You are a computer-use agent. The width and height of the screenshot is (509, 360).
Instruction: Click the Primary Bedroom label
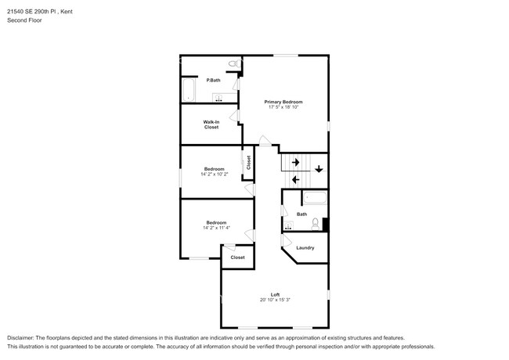283,102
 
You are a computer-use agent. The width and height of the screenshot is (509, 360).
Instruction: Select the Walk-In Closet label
211,124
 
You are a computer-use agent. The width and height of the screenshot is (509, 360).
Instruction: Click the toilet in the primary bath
232,63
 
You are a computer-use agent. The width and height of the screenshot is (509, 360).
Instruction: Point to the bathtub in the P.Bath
189,89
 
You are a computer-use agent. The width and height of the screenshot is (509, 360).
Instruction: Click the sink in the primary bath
219,98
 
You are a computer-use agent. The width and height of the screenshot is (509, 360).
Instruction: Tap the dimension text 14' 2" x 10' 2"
215,175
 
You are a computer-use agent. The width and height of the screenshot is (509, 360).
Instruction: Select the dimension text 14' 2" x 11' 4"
215,228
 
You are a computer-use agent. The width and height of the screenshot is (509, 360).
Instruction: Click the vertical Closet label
248,162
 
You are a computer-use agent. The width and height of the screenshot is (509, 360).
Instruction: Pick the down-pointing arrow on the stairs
319,169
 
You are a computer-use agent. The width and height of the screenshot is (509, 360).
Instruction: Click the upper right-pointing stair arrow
295,162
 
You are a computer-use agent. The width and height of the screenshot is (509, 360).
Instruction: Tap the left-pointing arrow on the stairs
295,179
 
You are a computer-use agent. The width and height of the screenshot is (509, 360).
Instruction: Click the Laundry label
305,248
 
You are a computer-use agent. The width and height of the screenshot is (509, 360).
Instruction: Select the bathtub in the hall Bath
315,199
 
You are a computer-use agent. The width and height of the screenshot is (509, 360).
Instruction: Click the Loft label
275,294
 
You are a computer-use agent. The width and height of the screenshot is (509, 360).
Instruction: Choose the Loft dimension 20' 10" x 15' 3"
275,300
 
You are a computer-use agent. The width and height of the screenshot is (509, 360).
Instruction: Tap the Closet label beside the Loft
237,257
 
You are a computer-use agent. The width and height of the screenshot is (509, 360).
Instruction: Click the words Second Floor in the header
25,20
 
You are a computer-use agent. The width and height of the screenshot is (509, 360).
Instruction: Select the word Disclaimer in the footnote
23,337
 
